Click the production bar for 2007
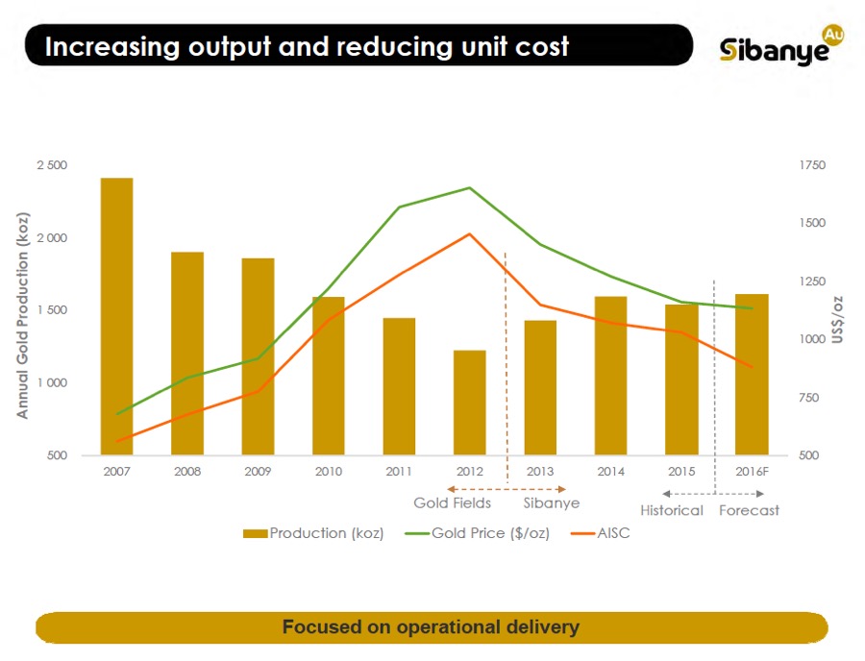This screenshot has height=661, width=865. click(117, 317)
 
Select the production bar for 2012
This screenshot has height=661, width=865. click(470, 403)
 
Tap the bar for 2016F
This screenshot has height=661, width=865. click(752, 375)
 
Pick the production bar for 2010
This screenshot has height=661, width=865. click(329, 376)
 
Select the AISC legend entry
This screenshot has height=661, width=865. click(612, 533)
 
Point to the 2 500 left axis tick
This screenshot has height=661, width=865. click(52, 165)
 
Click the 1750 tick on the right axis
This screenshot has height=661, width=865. click(811, 165)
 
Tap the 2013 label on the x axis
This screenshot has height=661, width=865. click(540, 472)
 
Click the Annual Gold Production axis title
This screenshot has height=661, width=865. click(23, 310)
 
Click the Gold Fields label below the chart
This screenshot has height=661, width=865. click(452, 503)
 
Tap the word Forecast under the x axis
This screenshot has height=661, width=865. click(749, 510)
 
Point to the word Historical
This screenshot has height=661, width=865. click(672, 510)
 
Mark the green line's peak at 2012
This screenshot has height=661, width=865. click(470, 187)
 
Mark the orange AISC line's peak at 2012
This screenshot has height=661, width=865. click(470, 233)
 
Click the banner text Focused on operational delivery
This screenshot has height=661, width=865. click(431, 627)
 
